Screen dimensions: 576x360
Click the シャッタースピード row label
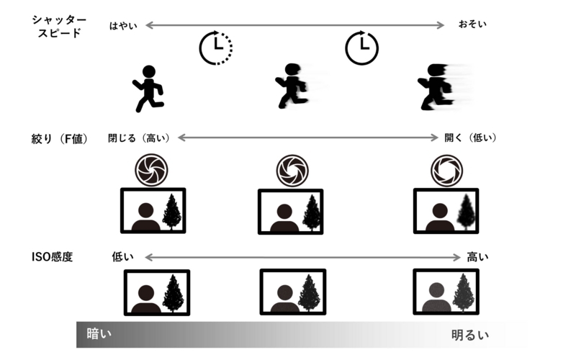click(59, 27)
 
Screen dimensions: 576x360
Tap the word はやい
click(123, 26)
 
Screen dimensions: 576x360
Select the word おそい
click(472, 24)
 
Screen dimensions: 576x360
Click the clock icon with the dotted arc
click(216, 48)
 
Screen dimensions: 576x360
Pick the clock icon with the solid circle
click(362, 48)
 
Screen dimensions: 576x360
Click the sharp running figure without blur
click(148, 89)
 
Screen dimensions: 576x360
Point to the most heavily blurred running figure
click(444, 87)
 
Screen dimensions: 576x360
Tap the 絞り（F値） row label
click(60, 139)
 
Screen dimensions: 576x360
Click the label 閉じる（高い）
click(139, 138)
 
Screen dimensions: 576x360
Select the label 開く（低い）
click(471, 138)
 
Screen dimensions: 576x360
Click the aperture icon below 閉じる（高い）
click(151, 171)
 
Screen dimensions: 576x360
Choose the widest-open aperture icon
click(446, 171)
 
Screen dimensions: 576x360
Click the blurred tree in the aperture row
click(466, 212)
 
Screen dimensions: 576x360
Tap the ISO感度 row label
click(52, 257)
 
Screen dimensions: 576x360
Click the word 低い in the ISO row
click(122, 257)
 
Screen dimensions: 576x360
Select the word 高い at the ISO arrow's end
click(477, 257)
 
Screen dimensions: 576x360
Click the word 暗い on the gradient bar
click(99, 334)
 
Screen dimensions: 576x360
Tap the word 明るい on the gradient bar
click(470, 335)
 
